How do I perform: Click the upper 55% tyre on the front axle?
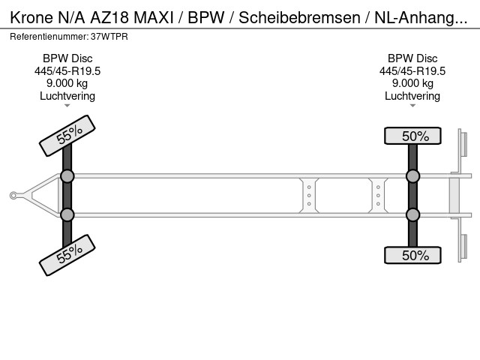(x=67, y=134)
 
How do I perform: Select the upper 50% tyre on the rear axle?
(x=413, y=136)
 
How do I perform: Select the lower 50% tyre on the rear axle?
(x=413, y=255)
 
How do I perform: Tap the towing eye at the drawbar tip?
(x=13, y=196)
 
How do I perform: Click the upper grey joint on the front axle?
(x=67, y=176)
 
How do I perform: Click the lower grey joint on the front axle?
(x=67, y=215)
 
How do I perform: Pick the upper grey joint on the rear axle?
(x=413, y=176)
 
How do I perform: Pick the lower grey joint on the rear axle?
(x=413, y=215)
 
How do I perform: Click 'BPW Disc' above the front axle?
(x=67, y=58)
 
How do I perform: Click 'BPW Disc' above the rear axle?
(x=412, y=58)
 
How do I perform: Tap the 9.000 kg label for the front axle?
(x=67, y=83)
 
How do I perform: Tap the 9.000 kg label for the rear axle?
(x=412, y=83)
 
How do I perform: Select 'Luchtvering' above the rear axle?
(x=412, y=96)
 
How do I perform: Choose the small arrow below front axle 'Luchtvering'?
(x=67, y=106)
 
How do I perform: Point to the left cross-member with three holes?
(x=309, y=196)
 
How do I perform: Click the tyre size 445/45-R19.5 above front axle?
(x=67, y=71)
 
